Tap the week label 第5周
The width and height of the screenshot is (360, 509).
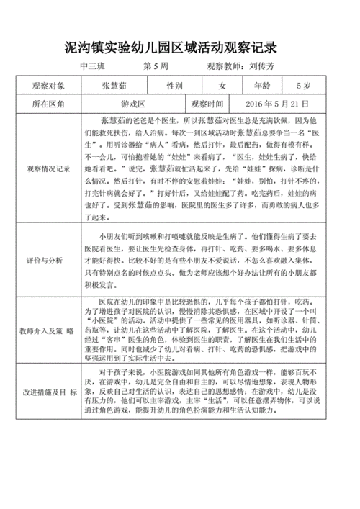(156, 66)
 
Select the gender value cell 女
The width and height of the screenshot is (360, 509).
(222, 85)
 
